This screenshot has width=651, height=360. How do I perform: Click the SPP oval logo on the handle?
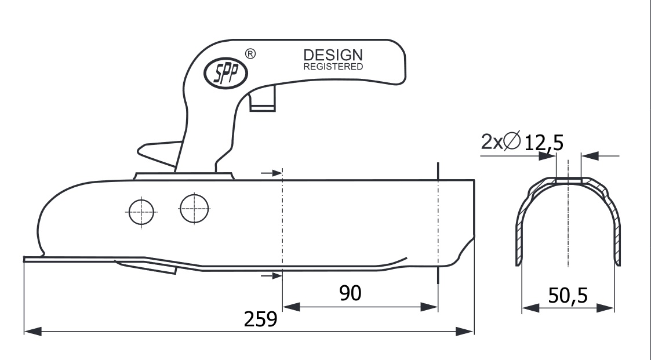226,74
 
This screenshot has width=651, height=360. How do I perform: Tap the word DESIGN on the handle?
333,55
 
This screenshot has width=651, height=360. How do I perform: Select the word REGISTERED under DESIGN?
333,67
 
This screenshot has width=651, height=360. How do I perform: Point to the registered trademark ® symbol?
250,53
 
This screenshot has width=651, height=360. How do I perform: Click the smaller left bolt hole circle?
141,212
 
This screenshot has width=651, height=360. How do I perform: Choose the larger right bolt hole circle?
194,209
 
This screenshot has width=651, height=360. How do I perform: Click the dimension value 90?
350,293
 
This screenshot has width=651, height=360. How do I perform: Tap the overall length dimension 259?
260,319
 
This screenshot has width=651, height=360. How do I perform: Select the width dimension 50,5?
568,296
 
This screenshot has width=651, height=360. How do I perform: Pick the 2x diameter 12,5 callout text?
522,141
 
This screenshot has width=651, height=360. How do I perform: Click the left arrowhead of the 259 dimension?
33,332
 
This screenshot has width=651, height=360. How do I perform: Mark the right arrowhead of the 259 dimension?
464,332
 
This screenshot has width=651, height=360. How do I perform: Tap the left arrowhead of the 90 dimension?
291,307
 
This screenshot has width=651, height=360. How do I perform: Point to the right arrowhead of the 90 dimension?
430,307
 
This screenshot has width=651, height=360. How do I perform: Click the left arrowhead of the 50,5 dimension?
530,308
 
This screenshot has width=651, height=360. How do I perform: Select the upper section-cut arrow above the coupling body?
272,172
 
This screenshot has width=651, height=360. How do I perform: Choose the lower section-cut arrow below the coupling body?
272,275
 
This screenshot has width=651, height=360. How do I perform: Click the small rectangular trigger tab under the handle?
263,99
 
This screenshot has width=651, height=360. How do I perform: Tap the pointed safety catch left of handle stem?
159,154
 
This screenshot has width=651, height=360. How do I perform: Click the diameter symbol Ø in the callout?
512,140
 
